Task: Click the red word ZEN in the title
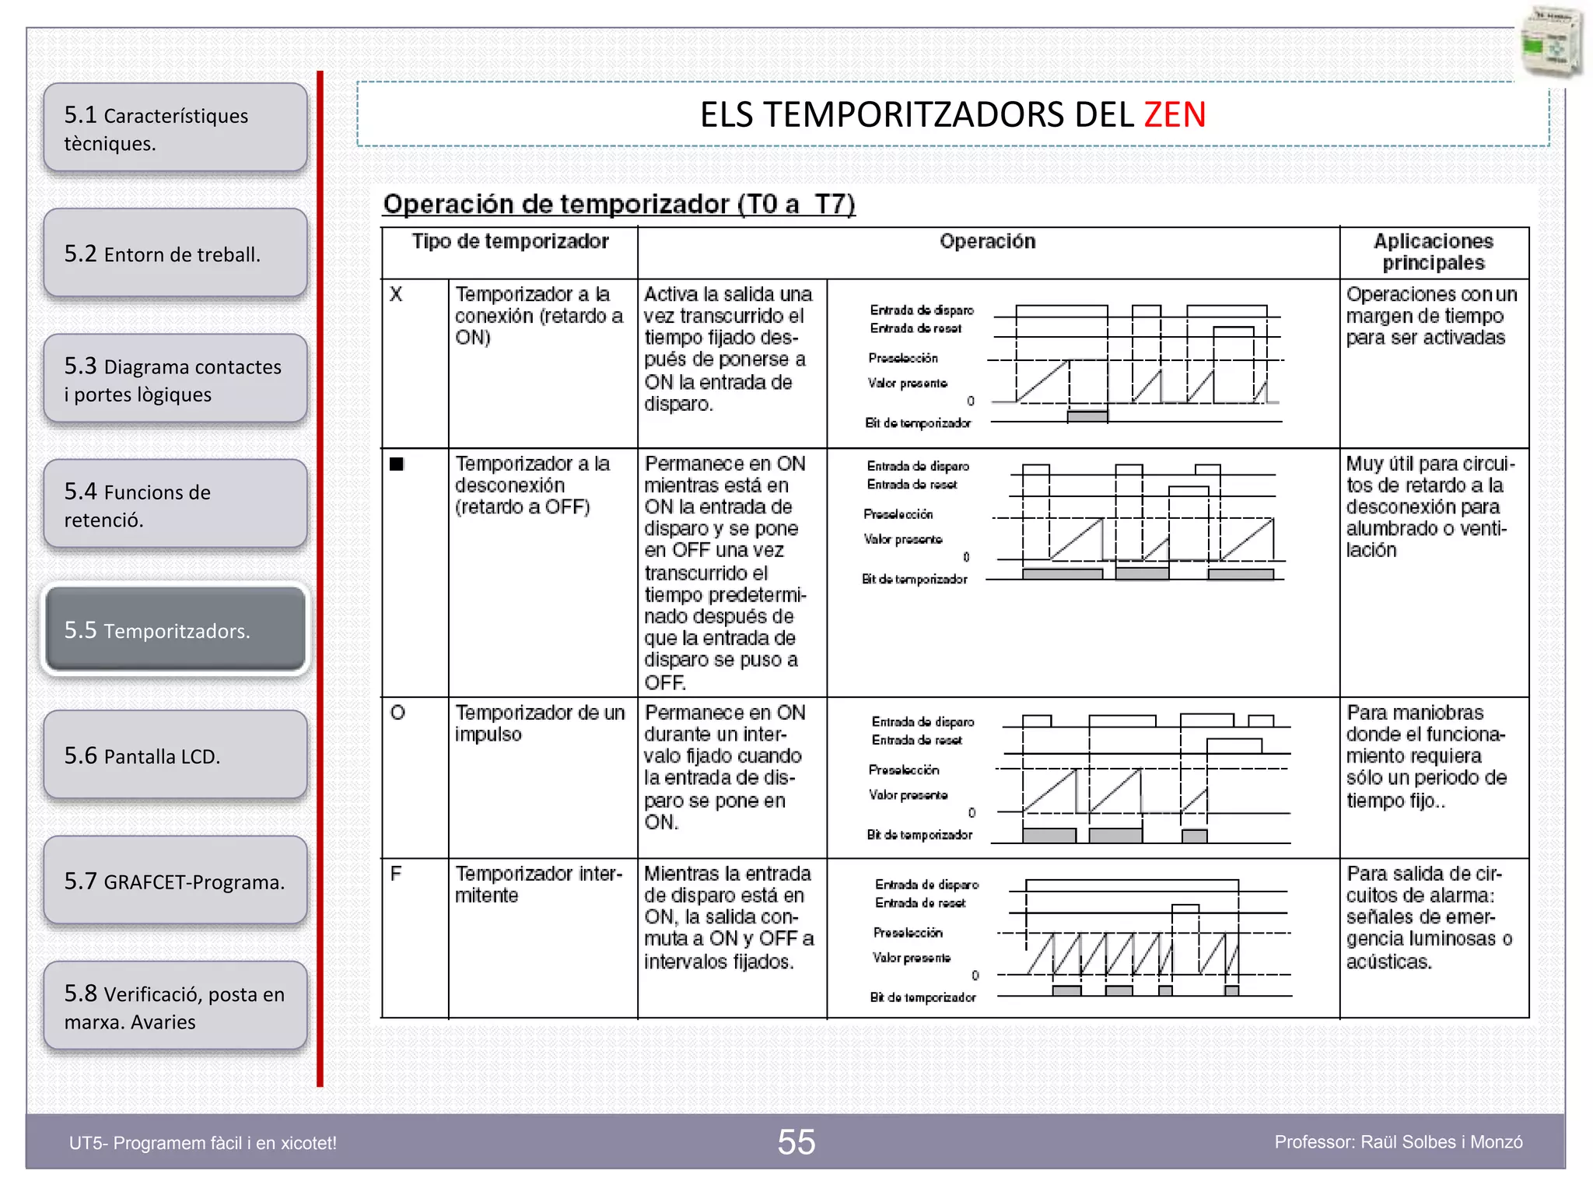1175,115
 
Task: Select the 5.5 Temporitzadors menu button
176,629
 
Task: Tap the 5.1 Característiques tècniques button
176,128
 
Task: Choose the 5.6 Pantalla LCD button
176,755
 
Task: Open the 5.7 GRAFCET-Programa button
176,881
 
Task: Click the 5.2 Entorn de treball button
176,254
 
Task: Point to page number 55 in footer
796,1142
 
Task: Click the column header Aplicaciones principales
1433,252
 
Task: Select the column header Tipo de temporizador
509,242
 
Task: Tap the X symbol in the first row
396,295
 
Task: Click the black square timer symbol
397,464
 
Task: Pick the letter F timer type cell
396,874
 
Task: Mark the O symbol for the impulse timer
397,713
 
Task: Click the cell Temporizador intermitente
538,885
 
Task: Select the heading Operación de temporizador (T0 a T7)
618,204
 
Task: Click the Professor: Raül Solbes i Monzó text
1398,1142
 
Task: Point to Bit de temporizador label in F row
923,997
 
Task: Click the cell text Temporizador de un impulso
539,724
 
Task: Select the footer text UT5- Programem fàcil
203,1143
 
